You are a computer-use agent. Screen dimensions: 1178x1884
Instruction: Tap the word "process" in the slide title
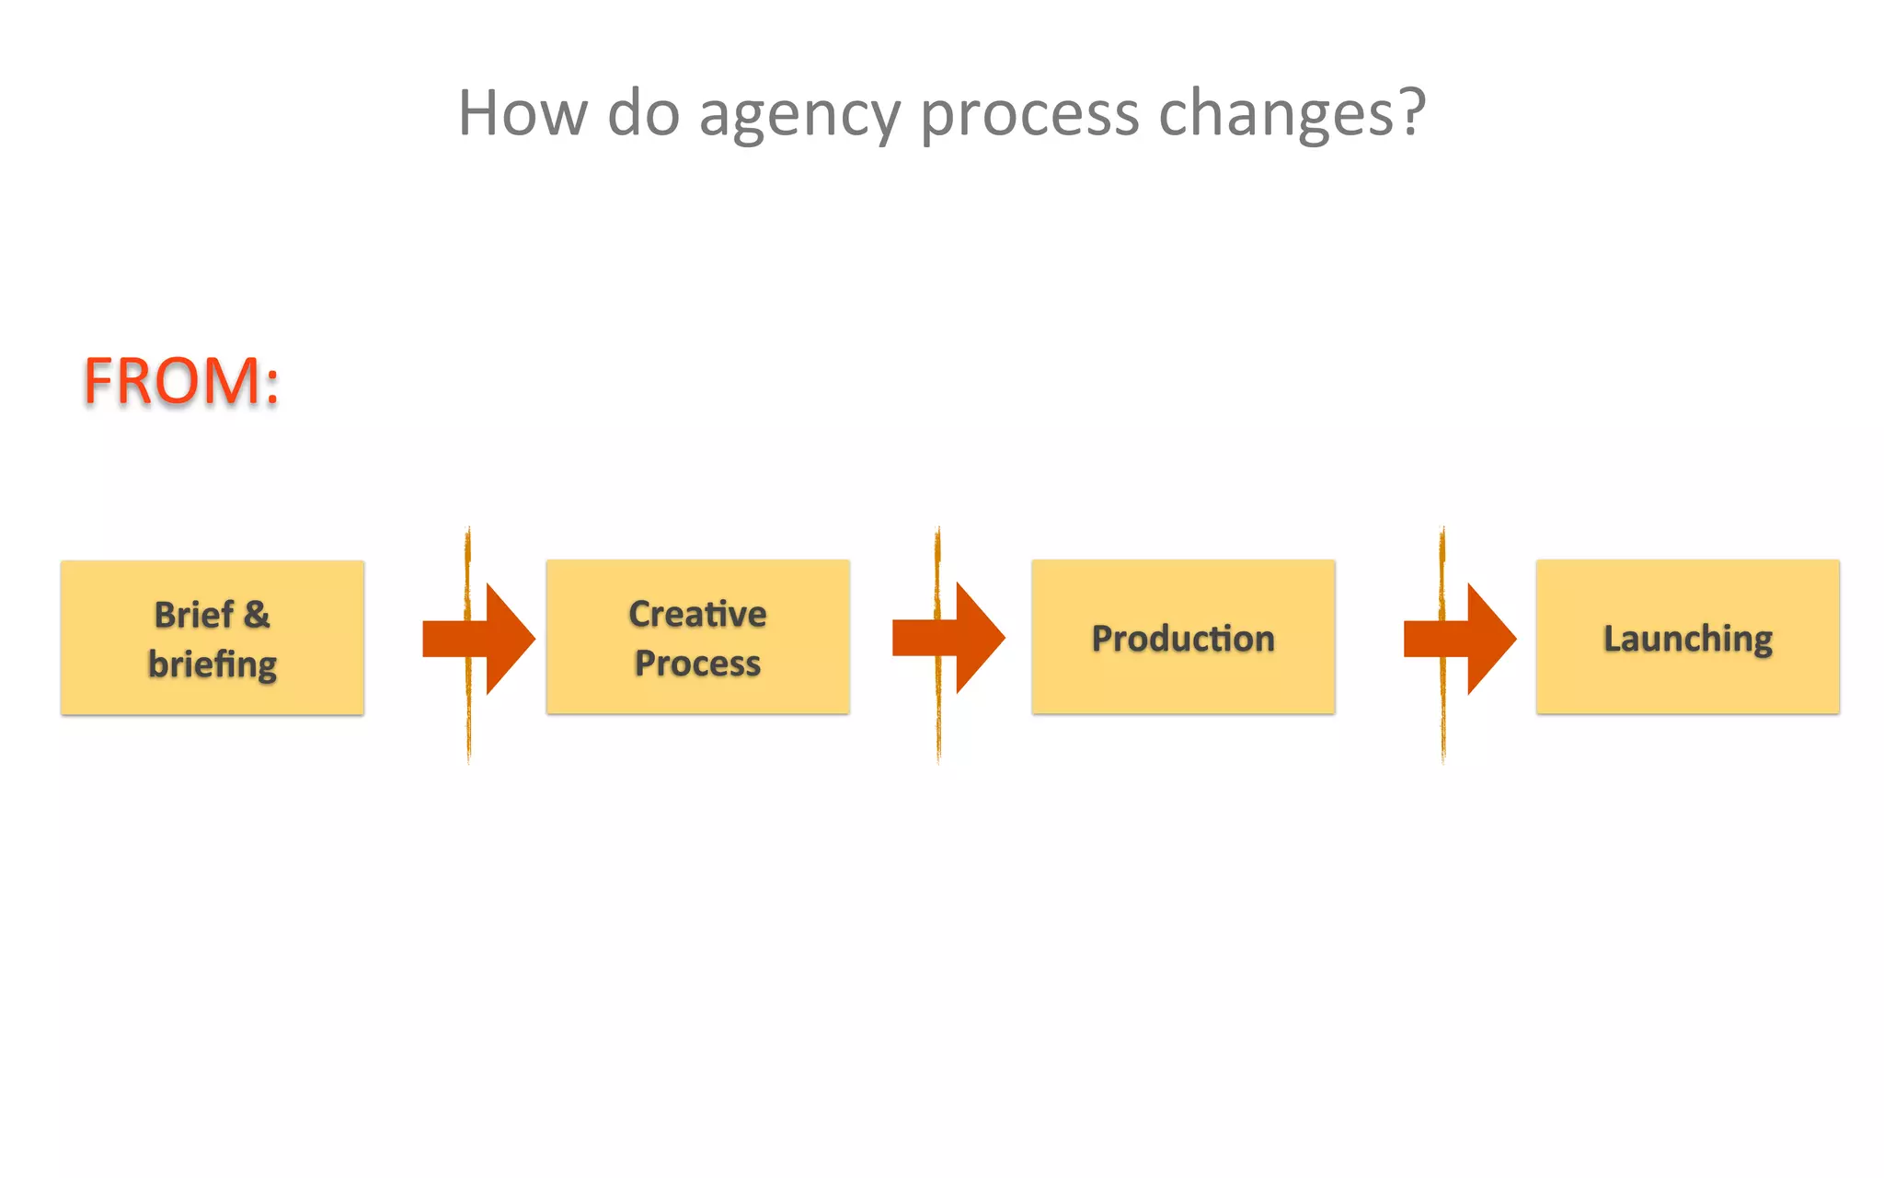point(1029,114)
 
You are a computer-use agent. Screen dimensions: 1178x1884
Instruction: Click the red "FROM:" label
point(181,381)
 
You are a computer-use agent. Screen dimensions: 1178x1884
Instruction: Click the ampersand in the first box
point(257,615)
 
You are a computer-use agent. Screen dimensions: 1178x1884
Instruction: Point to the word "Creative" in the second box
point(697,614)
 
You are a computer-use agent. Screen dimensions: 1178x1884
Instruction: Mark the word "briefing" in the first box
point(213,664)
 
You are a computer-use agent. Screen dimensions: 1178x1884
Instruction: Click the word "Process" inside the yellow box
point(697,664)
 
